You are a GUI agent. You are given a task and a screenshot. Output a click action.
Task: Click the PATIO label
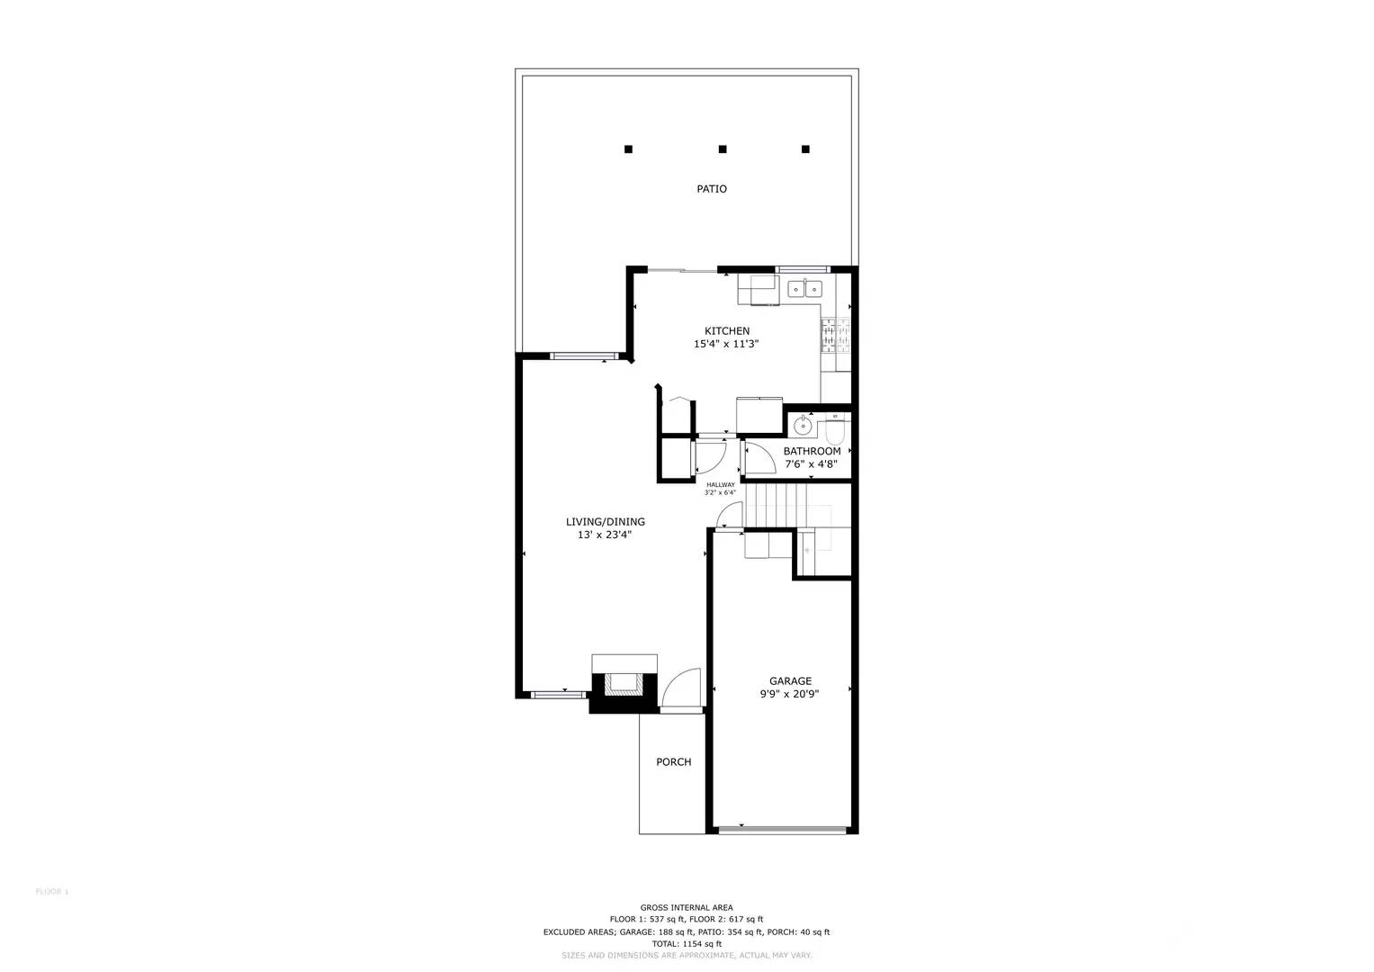coord(711,189)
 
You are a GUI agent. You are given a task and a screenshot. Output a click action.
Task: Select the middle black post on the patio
coord(723,149)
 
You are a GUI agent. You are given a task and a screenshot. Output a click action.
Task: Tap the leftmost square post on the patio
coord(629,149)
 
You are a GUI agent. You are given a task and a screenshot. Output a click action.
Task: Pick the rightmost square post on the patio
coord(805,149)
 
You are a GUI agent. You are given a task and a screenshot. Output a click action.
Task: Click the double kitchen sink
coord(804,288)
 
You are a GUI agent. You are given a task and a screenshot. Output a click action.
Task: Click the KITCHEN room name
coord(726,331)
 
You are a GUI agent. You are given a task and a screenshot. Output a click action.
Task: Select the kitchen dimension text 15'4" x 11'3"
coord(726,344)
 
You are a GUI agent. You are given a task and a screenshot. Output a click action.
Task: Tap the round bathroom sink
coord(802,424)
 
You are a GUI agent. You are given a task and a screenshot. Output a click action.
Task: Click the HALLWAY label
coord(720,485)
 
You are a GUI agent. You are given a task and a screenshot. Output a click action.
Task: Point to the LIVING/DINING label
coord(605,522)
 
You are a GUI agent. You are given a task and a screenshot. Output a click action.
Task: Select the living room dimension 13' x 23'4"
coord(605,535)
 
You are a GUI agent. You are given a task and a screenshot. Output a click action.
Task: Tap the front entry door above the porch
coord(681,689)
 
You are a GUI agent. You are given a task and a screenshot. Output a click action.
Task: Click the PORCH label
coord(673,762)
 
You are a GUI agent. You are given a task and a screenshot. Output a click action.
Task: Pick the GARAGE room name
coord(790,681)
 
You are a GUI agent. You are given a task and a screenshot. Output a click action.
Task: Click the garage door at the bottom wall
coord(783,830)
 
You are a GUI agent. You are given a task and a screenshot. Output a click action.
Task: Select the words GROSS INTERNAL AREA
coord(687,907)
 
